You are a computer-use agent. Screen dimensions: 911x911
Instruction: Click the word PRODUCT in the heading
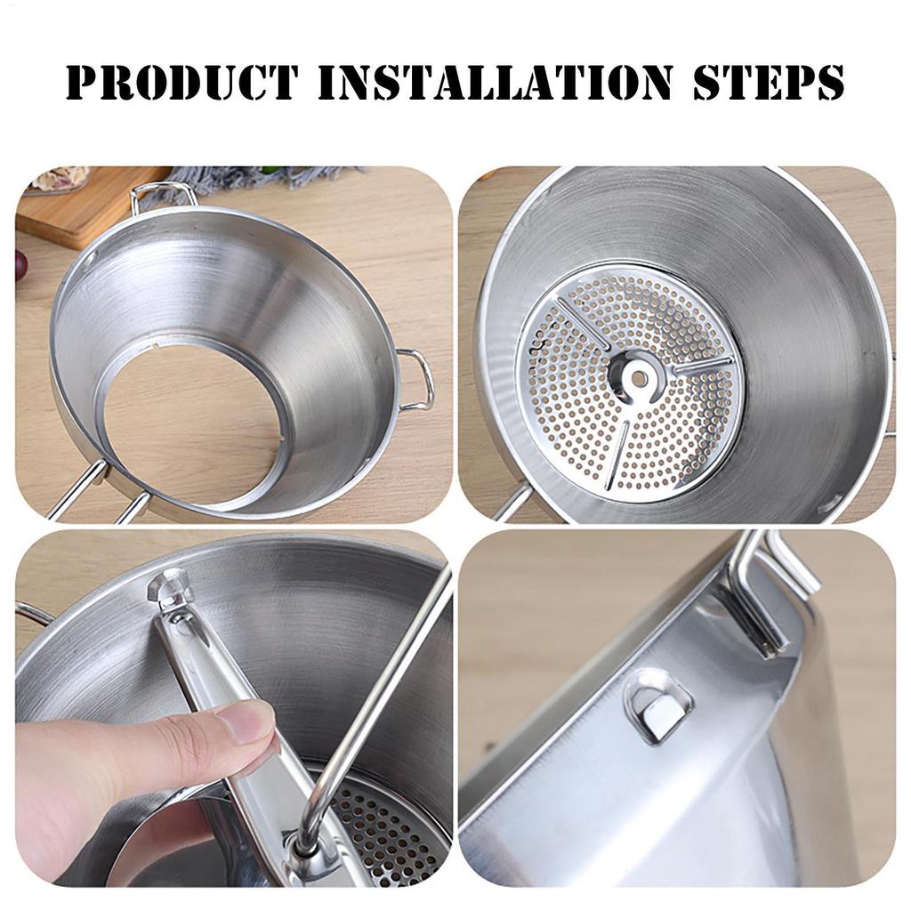pos(181,82)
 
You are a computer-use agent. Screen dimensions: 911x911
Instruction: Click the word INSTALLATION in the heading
pos(495,82)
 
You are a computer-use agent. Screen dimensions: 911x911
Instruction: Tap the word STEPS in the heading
pos(769,82)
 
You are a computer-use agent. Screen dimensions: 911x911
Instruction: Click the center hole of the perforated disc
pos(639,380)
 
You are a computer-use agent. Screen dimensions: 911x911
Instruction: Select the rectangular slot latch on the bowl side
pos(658,706)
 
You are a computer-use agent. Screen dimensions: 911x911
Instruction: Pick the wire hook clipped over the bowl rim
pos(773,593)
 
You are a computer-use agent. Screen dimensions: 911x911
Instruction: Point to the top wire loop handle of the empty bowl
pos(157,195)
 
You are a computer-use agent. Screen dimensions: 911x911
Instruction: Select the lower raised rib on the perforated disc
pos(618,453)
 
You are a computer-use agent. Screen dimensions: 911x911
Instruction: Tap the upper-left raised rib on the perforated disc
pos(583,323)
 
